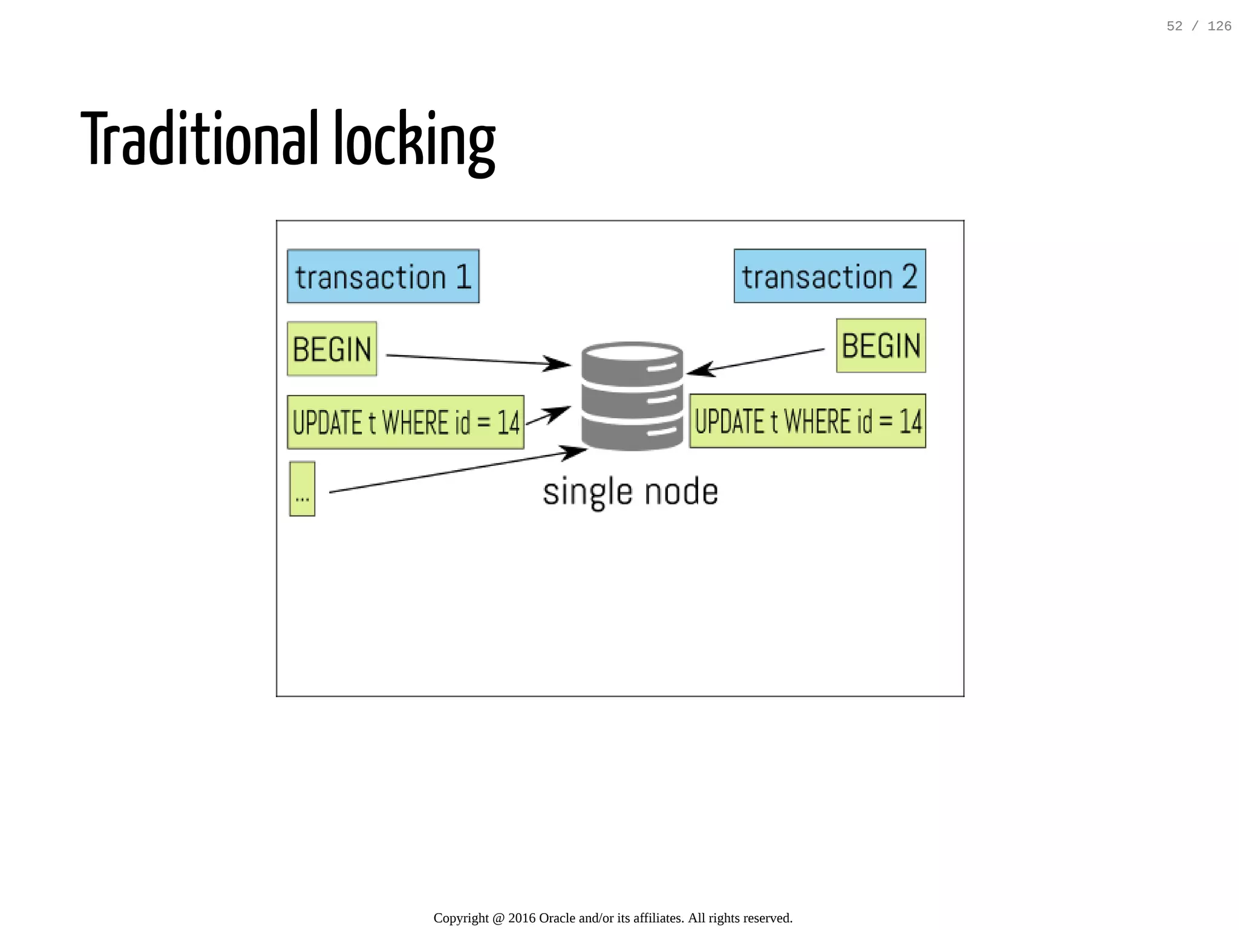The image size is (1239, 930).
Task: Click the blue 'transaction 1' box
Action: tap(383, 277)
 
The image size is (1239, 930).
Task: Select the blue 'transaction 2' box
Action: tap(829, 277)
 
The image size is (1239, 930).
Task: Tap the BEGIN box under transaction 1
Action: tap(332, 349)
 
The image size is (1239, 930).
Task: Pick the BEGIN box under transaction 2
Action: tap(881, 346)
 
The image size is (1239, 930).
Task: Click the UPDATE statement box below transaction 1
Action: tap(405, 422)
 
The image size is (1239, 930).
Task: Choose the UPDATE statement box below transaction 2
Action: tap(808, 421)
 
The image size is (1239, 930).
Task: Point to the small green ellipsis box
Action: tap(302, 489)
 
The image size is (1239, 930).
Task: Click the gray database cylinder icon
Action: tap(632, 396)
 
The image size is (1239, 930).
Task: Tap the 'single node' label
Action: tap(630, 491)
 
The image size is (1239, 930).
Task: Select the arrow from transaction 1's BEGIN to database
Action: tap(478, 360)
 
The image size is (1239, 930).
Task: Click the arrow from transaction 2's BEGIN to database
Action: tap(756, 361)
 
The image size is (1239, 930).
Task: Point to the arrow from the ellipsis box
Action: tap(454, 471)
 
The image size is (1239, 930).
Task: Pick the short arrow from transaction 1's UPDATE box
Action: tap(548, 416)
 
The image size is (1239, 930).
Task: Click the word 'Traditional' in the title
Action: tap(199, 139)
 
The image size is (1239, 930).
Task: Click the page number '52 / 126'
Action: tap(1198, 26)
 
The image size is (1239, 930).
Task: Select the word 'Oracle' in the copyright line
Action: tap(557, 918)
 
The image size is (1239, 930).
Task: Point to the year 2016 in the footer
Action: tap(521, 918)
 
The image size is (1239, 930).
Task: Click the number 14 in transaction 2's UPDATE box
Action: tap(910, 422)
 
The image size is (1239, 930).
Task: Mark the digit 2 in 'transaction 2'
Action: tap(909, 277)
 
